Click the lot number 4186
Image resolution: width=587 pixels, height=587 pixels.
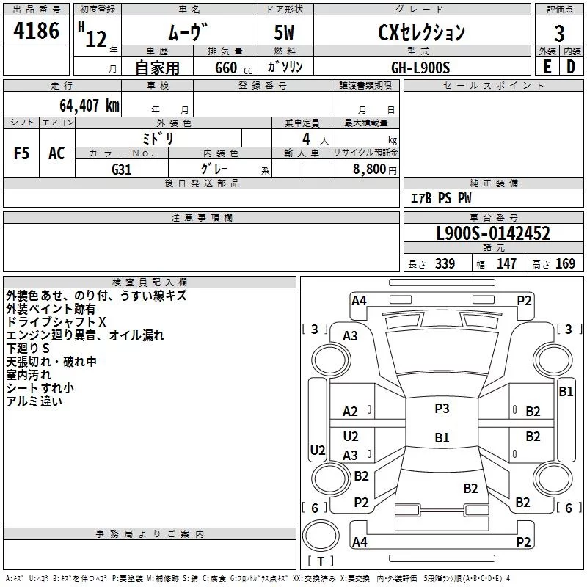click(36, 30)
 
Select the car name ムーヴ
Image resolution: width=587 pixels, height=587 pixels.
click(188, 32)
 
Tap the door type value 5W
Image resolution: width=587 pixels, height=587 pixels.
click(284, 32)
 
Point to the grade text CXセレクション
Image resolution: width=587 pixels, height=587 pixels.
click(421, 32)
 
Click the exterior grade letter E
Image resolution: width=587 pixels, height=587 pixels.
click(547, 67)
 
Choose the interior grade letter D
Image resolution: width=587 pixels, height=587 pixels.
click(571, 67)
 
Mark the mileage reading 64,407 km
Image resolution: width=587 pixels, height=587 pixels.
click(90, 106)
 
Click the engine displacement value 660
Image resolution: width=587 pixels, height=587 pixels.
click(226, 68)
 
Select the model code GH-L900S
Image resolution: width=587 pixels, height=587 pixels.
click(420, 68)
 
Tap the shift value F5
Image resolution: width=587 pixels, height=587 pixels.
click(21, 153)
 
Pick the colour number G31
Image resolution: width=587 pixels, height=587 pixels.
click(122, 169)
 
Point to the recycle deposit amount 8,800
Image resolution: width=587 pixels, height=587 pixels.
click(369, 169)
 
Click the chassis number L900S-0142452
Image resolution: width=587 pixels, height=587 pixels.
click(493, 233)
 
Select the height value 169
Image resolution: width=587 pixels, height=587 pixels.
click(565, 263)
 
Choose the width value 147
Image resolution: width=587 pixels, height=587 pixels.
click(506, 263)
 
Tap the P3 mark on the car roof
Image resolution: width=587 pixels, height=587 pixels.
click(442, 408)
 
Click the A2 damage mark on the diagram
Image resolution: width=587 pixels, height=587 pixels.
click(350, 412)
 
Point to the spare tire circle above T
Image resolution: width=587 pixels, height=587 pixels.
click(321, 536)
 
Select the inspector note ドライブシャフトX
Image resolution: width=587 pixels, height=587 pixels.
click(56, 322)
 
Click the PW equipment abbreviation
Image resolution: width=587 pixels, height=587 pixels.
click(464, 197)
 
